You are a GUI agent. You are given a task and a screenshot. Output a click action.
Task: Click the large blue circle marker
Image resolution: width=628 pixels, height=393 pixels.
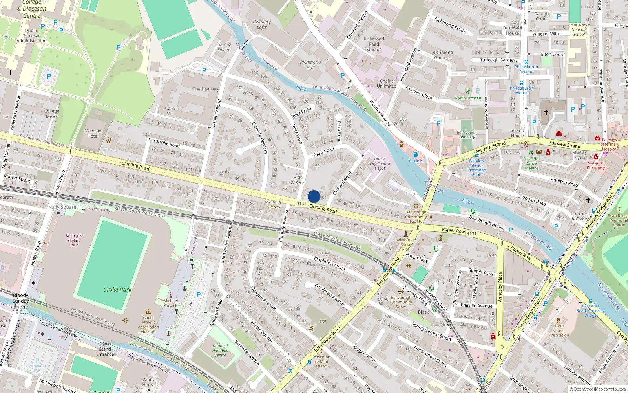coord(314,196)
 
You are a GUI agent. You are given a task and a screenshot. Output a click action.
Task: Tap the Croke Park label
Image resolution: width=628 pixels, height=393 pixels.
coord(117,290)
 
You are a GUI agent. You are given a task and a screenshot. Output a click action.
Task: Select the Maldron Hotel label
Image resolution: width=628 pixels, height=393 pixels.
coord(93,134)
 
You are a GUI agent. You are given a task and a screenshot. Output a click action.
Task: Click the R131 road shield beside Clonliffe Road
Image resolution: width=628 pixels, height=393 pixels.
coord(301,204)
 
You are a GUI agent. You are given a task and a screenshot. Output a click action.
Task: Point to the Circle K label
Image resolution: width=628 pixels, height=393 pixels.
coord(416,160)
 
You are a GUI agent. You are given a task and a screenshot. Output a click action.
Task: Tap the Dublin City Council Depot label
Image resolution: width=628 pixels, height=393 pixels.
coord(380,163)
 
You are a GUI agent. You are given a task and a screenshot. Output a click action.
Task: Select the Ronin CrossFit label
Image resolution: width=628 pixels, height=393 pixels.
coord(468,98)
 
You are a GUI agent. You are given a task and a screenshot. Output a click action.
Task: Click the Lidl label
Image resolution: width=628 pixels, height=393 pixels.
coord(323,321)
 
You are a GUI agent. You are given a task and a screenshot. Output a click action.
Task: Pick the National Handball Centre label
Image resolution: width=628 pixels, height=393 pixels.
coord(220,351)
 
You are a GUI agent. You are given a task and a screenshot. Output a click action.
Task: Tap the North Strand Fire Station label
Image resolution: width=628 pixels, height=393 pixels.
coord(559,331)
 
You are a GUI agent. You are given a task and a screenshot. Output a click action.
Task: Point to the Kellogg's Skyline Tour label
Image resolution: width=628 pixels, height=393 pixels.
coord(74,240)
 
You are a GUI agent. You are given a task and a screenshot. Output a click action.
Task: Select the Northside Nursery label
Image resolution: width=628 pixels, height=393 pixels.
coord(273,205)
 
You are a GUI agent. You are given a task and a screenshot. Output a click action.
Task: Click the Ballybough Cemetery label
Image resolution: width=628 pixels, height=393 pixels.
coord(467,135)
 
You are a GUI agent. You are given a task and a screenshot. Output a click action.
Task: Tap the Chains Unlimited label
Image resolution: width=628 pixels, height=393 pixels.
coord(387,83)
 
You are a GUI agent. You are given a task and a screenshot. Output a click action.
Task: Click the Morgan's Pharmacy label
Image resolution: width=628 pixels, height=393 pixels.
coord(596,165)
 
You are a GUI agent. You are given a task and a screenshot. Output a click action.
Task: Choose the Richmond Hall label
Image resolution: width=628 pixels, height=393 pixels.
coord(310,65)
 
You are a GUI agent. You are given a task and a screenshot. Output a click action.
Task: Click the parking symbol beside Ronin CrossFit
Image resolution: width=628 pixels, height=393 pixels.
coord(478,91)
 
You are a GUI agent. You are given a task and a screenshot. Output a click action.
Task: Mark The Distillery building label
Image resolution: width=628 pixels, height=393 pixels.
coord(206,89)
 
